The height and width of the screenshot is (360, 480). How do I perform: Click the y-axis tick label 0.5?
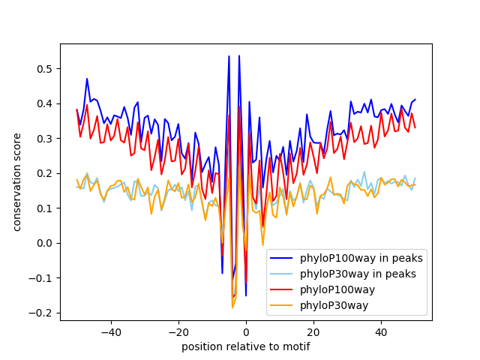[46, 69]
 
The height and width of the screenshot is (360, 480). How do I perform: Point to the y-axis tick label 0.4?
[46, 103]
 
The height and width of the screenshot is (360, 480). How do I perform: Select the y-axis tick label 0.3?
[46, 139]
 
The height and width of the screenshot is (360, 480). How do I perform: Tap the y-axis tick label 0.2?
[46, 173]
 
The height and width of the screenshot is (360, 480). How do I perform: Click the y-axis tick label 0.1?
[46, 208]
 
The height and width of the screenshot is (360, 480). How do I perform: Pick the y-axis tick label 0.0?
[46, 243]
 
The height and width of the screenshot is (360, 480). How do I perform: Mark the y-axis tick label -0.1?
[43, 277]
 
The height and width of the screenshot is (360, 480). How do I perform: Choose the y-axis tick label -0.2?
[43, 312]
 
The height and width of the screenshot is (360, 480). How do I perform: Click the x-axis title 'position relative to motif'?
[246, 346]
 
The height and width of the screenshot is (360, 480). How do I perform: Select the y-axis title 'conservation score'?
[16, 182]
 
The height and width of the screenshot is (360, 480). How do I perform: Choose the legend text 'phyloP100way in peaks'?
[361, 259]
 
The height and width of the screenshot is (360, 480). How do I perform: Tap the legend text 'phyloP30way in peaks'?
[358, 274]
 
